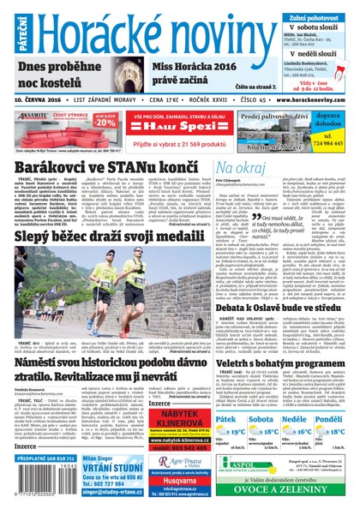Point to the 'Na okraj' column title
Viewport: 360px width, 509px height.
(x=242, y=166)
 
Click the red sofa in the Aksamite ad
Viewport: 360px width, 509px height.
(x=47, y=129)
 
